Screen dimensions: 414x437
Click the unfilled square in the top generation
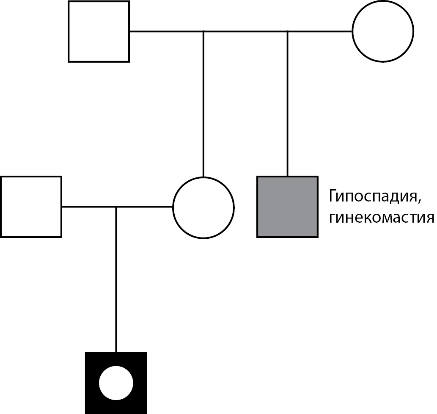pyautogui.click(x=99, y=31)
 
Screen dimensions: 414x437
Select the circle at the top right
pyautogui.click(x=382, y=31)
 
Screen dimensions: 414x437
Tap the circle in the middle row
pyautogui.click(x=203, y=207)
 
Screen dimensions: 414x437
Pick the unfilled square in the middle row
pyautogui.click(x=31, y=207)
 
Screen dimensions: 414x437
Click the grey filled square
pyautogui.click(x=287, y=207)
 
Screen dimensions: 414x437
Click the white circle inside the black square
pyautogui.click(x=116, y=383)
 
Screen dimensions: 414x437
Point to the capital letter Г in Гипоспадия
pyautogui.click(x=332, y=197)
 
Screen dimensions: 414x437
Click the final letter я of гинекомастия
pyautogui.click(x=430, y=218)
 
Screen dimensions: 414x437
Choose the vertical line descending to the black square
pyautogui.click(x=116, y=279)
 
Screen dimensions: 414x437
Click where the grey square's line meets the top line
pyautogui.click(x=288, y=31)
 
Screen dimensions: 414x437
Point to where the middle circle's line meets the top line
pyautogui.click(x=203, y=31)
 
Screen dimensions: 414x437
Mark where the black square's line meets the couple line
pyautogui.click(x=116, y=207)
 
